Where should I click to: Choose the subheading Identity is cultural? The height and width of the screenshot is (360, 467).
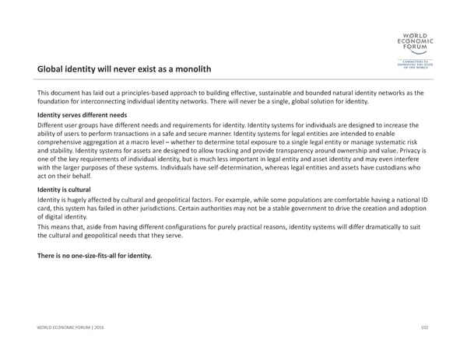pos(65,189)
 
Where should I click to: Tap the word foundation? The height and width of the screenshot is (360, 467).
pos(59,103)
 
